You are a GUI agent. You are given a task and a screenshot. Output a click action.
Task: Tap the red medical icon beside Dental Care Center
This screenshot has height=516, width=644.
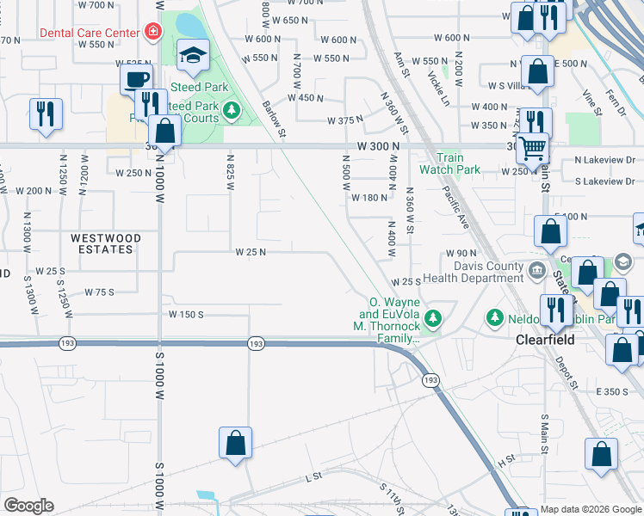coord(153,32)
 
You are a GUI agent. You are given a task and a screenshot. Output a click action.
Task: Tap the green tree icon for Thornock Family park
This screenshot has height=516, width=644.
coord(434,318)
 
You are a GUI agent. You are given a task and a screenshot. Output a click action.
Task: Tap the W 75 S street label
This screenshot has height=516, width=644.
coord(99,292)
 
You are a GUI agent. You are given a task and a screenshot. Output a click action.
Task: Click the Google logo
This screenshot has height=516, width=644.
coord(28,506)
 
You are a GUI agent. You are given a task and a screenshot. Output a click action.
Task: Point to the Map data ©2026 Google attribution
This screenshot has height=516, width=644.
coord(590,509)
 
